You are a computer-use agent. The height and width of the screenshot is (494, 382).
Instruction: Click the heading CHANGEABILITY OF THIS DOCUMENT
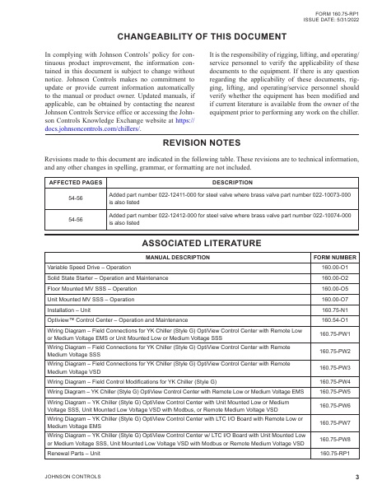point(191,37)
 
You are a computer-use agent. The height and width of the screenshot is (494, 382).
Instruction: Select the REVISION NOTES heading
point(191,142)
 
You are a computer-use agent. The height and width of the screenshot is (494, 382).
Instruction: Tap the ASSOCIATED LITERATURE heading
point(191,243)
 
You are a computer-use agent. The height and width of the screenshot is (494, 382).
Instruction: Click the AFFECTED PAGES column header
point(74,180)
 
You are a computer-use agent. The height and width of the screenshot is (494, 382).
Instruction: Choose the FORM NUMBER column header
point(335,258)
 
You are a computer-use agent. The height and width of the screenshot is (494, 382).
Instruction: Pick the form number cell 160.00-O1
point(335,268)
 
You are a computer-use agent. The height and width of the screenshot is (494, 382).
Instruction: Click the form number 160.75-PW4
point(335,382)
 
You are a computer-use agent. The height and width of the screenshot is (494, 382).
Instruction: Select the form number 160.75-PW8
point(335,440)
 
